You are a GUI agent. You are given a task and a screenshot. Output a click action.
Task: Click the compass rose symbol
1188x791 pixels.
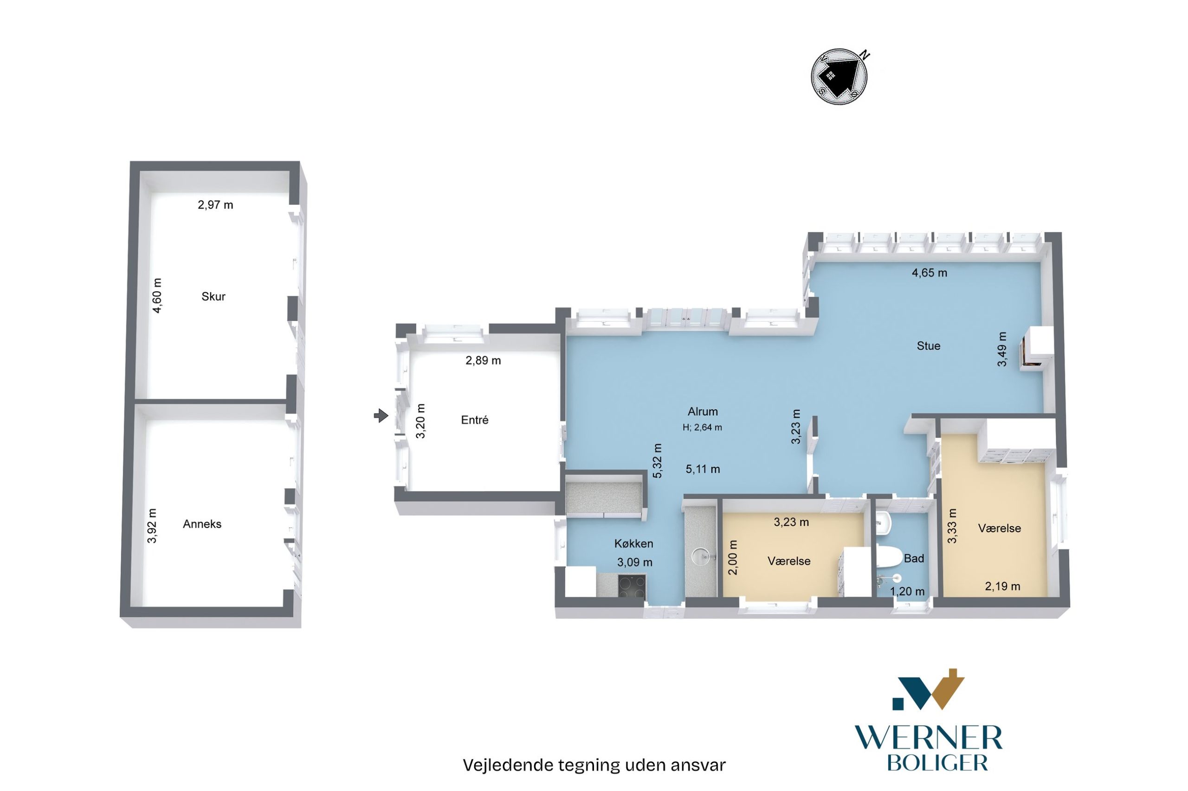[839, 77]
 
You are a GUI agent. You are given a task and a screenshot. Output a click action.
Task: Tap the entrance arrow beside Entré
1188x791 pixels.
[381, 416]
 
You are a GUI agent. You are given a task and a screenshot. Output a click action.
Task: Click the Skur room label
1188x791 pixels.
[213, 297]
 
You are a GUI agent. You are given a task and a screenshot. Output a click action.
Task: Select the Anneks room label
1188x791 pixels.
[202, 524]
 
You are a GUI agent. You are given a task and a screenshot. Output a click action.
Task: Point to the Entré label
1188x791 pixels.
[475, 420]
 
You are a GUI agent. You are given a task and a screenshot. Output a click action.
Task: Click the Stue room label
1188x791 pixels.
[929, 345]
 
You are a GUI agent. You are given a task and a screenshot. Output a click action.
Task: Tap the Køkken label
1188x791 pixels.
[633, 543]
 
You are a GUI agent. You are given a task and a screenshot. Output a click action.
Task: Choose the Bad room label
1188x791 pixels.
[914, 558]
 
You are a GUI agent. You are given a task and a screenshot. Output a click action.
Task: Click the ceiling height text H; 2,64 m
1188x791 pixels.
[702, 427]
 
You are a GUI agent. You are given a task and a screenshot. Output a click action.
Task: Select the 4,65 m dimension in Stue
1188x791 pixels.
[929, 273]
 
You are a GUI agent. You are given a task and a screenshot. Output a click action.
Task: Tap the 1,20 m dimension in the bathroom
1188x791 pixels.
[907, 592]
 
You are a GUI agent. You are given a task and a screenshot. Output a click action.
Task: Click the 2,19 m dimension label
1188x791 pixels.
[1002, 586]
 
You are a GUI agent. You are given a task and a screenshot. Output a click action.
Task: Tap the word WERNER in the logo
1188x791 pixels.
[928, 739]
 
